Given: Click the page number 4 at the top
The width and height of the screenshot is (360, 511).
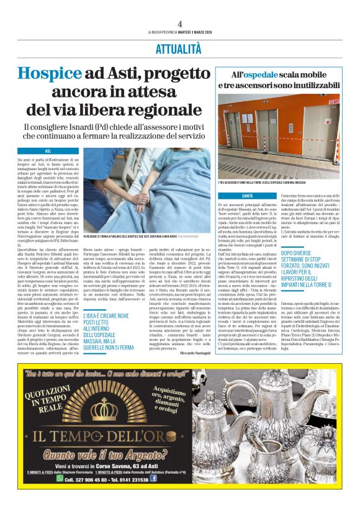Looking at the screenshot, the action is coord(179,24).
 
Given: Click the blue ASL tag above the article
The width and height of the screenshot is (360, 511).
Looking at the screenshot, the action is coord(48,151).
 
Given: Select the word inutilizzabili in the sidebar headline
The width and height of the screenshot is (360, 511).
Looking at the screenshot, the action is coord(307,85).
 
